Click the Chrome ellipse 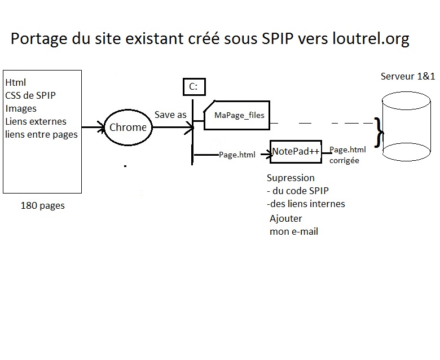pos(128,127)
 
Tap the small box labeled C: pos(194,87)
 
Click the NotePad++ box pos(296,152)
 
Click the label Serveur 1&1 pos(408,76)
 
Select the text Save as pos(170,115)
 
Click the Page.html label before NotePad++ pos(237,154)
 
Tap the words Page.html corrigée pos(347,155)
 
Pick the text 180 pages pos(42,205)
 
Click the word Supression pos(291,178)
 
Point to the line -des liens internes pos(306,204)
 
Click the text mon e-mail pos(294,231)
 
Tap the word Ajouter pos(286,218)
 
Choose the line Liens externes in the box pos(36,121)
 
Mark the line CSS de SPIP pos(32,95)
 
